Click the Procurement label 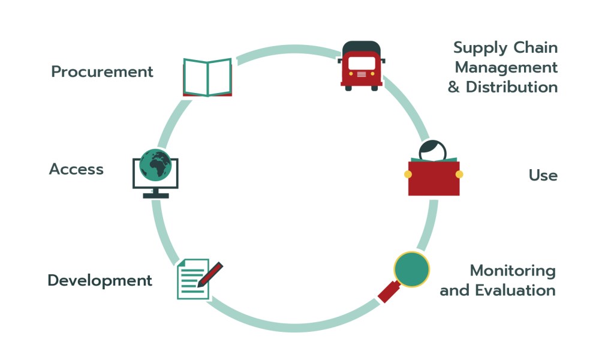[102, 72]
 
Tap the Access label [76, 169]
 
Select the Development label [100, 280]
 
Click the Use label [543, 175]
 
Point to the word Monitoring [512, 271]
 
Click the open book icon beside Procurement [207, 78]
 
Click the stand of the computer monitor [155, 193]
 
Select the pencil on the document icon [210, 274]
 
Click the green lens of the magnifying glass [411, 269]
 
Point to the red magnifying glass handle [389, 292]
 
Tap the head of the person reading [433, 150]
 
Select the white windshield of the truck [361, 62]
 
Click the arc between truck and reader [408, 108]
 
